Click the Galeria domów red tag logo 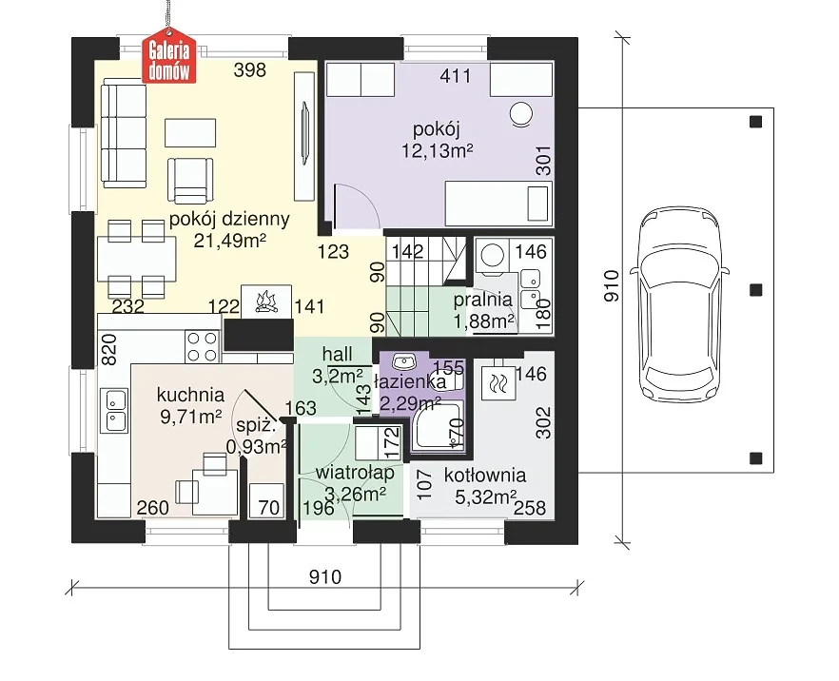(x=168, y=60)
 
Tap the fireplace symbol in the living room (x=266, y=302)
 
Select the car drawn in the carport (x=679, y=303)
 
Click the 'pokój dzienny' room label (x=229, y=220)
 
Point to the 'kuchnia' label (x=190, y=395)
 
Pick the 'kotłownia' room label (x=485, y=475)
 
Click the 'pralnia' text (x=482, y=301)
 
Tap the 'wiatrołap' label (x=355, y=473)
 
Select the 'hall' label (x=337, y=354)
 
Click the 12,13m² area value (x=438, y=151)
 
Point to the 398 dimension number (x=250, y=70)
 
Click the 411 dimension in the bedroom (x=456, y=76)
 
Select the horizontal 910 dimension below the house (x=324, y=577)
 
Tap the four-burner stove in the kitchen (x=203, y=346)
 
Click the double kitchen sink (x=116, y=410)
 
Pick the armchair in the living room (x=190, y=181)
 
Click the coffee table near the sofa (x=190, y=132)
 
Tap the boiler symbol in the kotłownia (x=498, y=383)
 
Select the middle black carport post (x=755, y=289)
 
